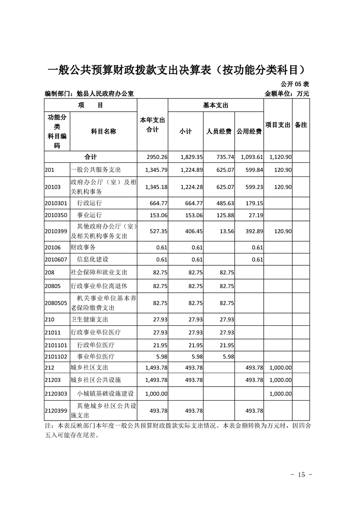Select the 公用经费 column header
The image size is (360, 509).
click(249, 132)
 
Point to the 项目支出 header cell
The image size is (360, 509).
click(278, 125)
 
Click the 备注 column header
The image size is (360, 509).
click(301, 125)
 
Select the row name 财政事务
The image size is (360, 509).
click(83, 247)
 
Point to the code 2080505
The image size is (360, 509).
click(56, 303)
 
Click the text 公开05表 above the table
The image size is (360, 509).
click(295, 84)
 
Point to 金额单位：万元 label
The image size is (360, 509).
click(286, 94)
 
